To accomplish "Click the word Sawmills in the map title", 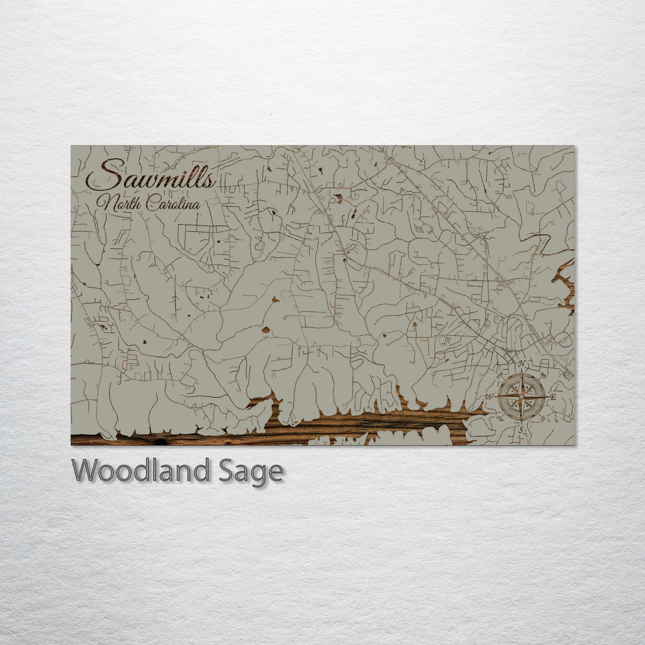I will pyautogui.click(x=151, y=177).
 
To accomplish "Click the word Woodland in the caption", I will pyautogui.click(x=140, y=471).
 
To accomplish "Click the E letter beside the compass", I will pyautogui.click(x=553, y=397).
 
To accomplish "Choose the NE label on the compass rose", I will pyautogui.click(x=542, y=376).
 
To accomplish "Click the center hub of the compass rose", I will pyautogui.click(x=522, y=396).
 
